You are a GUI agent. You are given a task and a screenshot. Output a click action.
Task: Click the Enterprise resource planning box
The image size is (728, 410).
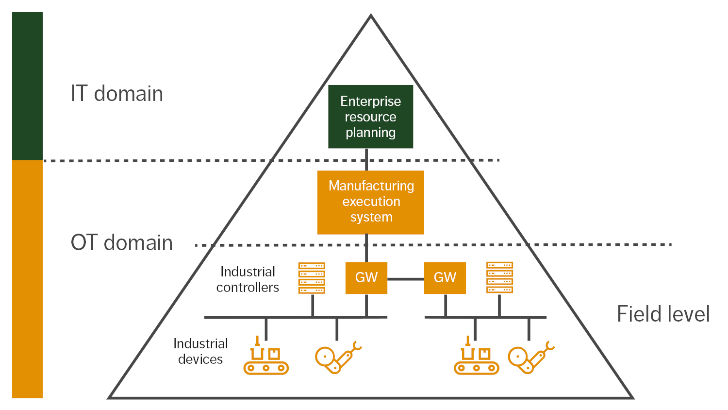tap(370, 117)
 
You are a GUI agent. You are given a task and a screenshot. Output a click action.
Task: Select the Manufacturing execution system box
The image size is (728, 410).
tap(371, 202)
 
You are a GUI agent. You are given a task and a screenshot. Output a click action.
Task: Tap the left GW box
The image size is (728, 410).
tap(366, 278)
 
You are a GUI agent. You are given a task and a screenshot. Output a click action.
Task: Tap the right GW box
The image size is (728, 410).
tap(445, 278)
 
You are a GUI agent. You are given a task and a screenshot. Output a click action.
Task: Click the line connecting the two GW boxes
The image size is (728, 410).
tap(406, 279)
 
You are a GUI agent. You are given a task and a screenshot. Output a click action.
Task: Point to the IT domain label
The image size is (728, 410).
tap(117, 93)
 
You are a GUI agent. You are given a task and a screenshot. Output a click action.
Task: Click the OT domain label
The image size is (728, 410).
tap(122, 242)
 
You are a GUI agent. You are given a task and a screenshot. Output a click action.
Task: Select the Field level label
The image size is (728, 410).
tap(663, 314)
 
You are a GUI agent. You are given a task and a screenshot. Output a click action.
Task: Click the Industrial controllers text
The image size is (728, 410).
tap(248, 279)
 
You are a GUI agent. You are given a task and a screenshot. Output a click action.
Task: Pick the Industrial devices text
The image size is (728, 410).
tap(200, 351)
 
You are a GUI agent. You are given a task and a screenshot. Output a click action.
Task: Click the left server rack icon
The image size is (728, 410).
tap(312, 278)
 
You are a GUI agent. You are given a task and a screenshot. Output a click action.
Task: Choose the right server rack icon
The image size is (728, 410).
tap(499, 277)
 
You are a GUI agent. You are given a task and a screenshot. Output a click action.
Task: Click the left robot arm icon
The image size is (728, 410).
tap(337, 358)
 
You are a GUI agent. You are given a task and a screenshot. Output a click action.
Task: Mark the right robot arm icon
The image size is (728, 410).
tap(530, 358)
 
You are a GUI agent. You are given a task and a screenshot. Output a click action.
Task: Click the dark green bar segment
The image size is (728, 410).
tap(27, 86)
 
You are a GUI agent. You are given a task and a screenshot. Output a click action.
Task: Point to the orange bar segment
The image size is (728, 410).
tap(27, 279)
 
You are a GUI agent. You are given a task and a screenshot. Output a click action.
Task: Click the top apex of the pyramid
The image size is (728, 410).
tap(371, 17)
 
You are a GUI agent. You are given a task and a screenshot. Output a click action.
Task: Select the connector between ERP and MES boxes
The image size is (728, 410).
tap(366, 159)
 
